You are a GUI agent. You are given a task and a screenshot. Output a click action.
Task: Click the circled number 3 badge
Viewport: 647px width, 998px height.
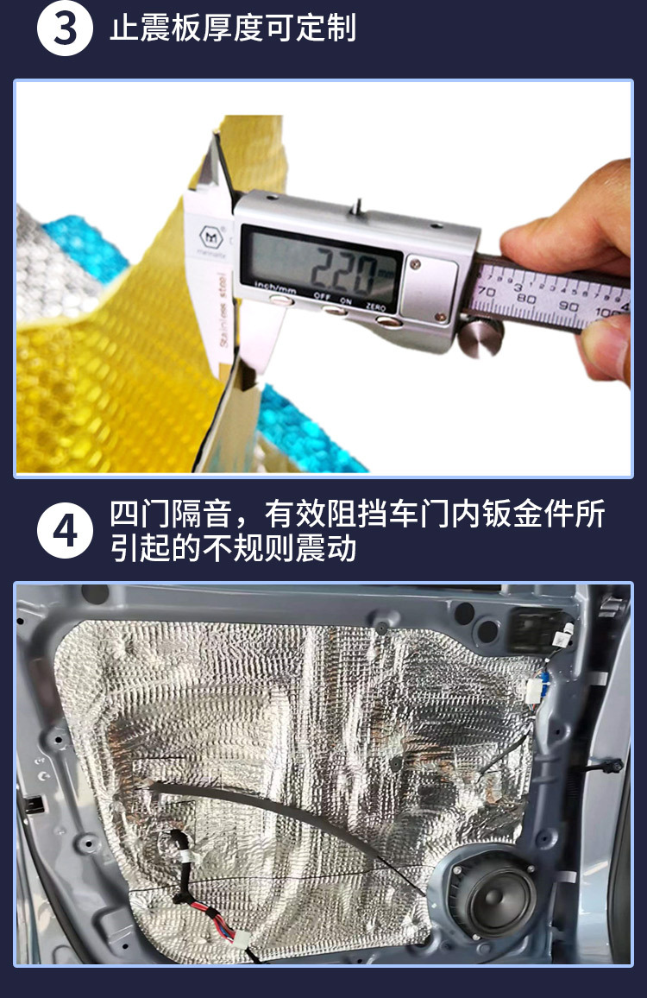65,28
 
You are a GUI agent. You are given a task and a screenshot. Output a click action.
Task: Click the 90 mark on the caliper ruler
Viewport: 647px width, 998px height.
568,306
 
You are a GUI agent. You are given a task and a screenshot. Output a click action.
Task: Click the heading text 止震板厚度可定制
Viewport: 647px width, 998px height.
233,28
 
